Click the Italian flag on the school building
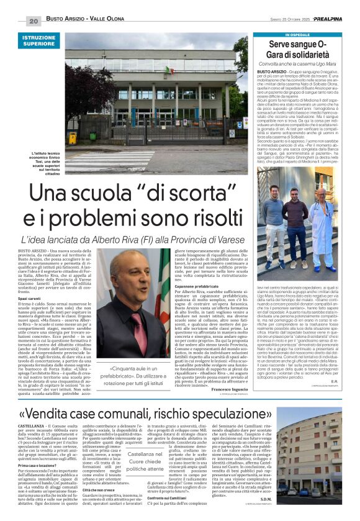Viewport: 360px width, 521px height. (168, 70)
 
